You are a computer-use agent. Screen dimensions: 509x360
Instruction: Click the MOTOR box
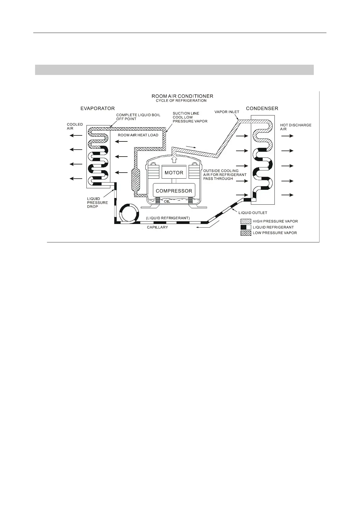[x=174, y=173]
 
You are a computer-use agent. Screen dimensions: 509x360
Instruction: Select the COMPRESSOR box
[x=174, y=191]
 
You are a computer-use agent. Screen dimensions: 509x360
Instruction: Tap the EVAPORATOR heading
[x=97, y=108]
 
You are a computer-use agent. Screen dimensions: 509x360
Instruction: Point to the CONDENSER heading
[x=262, y=108]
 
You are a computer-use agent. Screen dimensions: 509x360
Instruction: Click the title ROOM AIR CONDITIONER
[x=182, y=96]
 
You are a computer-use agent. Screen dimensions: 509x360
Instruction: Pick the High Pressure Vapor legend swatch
[x=246, y=221]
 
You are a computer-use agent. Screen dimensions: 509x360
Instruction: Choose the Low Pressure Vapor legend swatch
[x=246, y=233]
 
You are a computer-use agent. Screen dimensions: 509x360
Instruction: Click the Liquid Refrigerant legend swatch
[x=246, y=227]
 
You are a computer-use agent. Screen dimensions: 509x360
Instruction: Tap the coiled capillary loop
[x=129, y=212]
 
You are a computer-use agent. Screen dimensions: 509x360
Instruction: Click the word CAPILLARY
[x=157, y=227]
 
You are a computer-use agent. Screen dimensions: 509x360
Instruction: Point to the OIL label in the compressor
[x=167, y=201]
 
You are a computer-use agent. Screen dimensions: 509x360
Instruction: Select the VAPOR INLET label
[x=227, y=112]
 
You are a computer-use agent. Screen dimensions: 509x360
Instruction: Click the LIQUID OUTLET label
[x=253, y=213]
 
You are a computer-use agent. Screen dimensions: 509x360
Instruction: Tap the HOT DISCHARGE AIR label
[x=296, y=127]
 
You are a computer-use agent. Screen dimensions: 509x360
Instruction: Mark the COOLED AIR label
[x=75, y=126]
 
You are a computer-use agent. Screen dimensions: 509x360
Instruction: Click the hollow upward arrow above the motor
[x=174, y=159]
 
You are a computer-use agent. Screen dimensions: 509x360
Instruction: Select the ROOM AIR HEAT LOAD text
[x=138, y=135]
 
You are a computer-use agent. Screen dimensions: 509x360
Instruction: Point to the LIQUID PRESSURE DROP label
[x=97, y=203]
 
